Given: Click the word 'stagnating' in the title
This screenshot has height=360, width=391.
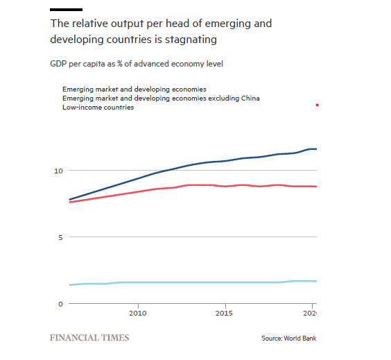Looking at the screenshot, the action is point(191,40).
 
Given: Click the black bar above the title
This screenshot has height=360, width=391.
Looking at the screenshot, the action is point(66,10).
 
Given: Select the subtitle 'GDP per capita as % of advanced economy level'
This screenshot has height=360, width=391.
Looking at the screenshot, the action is point(137,64).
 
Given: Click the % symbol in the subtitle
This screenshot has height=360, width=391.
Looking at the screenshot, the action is point(120,64).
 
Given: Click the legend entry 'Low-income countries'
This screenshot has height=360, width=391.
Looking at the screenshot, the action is point(98,108).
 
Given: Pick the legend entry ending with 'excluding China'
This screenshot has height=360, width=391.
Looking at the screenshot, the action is point(161,98).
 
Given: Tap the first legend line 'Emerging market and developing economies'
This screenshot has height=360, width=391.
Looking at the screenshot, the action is point(134,89).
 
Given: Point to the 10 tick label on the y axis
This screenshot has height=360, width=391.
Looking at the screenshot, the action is point(58,171).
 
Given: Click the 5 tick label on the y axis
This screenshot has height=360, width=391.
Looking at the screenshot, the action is point(60,237).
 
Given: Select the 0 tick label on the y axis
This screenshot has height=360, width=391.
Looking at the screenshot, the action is point(60,304).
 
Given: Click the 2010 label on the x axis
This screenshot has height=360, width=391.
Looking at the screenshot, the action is point(138,313).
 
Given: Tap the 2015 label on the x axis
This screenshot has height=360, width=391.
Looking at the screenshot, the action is point(224,313).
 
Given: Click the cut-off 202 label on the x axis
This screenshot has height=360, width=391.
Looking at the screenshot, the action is point(310,313).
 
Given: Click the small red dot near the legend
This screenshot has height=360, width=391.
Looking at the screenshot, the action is point(317,105).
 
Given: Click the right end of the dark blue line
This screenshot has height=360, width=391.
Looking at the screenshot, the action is point(316,149).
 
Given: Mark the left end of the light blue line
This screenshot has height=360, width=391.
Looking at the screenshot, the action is point(69,285).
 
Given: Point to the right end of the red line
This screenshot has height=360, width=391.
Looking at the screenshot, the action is point(316,187).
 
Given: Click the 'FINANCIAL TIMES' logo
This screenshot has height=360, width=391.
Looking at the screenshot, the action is point(89,338).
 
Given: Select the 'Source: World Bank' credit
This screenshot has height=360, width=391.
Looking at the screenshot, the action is point(289,338).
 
